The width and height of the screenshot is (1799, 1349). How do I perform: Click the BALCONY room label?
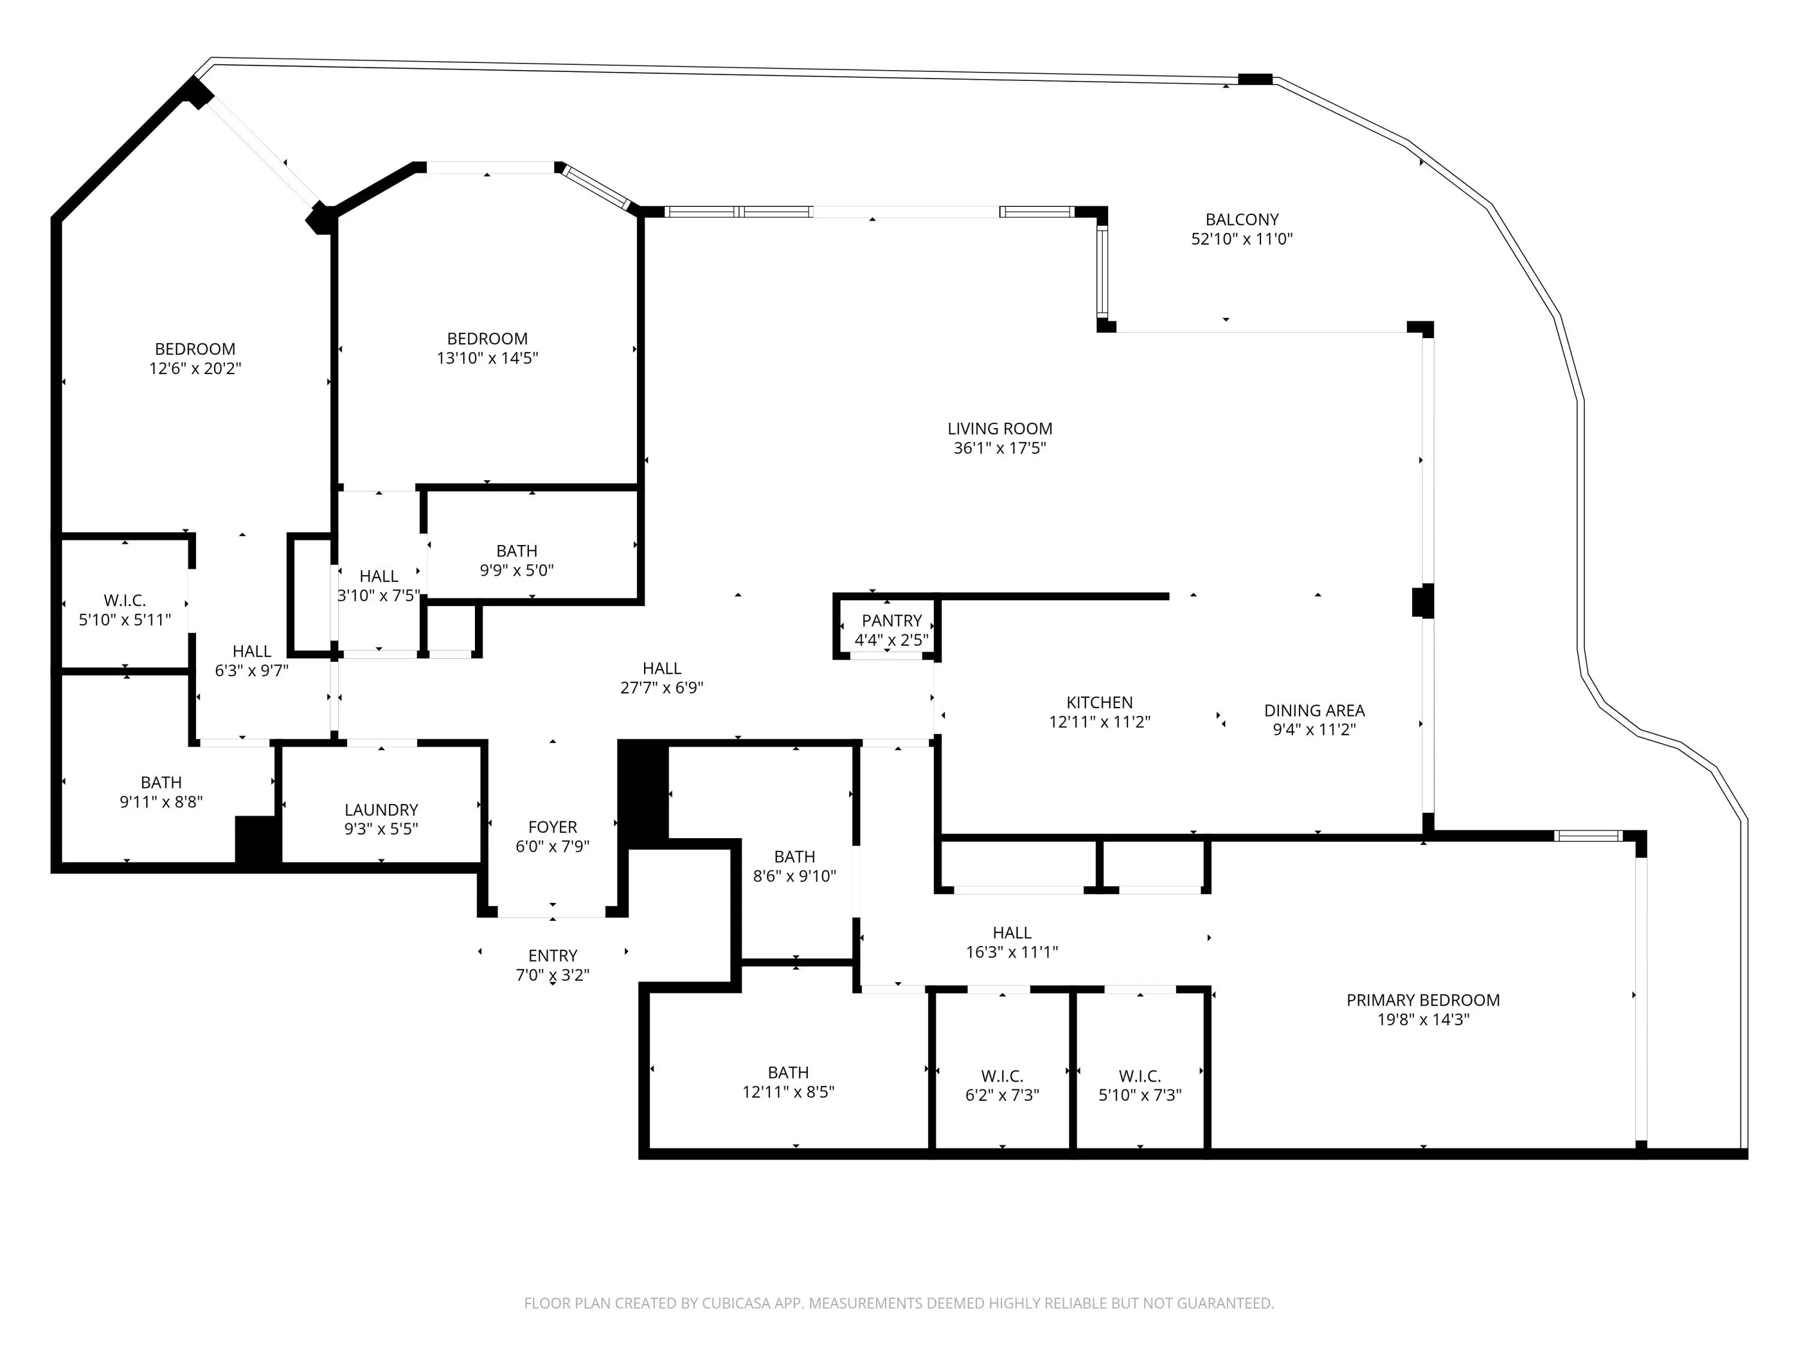[1242, 219]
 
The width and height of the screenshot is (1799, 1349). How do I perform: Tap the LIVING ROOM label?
[1000, 429]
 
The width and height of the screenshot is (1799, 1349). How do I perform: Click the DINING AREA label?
[1314, 710]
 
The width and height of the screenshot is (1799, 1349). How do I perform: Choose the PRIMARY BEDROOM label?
[1423, 1000]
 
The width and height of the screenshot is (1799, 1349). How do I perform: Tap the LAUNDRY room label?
[381, 810]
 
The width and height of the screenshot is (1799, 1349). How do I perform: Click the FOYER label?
[552, 827]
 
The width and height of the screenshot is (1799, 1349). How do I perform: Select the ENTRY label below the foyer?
[553, 956]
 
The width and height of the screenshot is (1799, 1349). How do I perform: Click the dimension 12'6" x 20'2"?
[195, 368]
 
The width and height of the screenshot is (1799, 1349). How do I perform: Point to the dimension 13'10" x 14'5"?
[487, 358]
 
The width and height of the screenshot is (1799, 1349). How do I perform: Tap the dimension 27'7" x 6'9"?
[662, 688]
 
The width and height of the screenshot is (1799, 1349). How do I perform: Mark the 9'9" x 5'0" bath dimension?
[516, 571]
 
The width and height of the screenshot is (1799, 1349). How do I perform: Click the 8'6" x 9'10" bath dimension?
[795, 877]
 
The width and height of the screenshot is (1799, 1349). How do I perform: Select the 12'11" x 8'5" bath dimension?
[788, 1092]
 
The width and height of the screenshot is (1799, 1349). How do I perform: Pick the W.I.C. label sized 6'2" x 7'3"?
[1002, 1076]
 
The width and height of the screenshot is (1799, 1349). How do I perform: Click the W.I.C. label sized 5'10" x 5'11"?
[125, 601]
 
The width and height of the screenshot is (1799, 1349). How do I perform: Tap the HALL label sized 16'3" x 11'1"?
[1012, 933]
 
